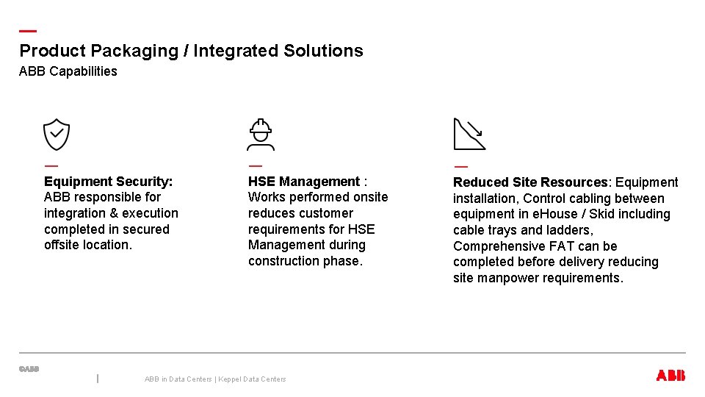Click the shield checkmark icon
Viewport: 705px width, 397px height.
(x=57, y=135)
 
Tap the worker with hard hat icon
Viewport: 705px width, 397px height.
(x=261, y=135)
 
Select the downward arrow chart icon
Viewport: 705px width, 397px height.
(x=469, y=134)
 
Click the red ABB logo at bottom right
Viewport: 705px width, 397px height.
(x=670, y=376)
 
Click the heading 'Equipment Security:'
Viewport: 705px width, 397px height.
(x=109, y=182)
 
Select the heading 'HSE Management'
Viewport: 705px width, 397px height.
(x=304, y=182)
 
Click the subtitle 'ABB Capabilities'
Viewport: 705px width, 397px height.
(x=68, y=71)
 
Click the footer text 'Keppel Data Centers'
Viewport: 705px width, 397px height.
(x=252, y=379)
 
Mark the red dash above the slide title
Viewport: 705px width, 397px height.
(x=27, y=32)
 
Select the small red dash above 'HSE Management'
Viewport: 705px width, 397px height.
(x=255, y=165)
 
